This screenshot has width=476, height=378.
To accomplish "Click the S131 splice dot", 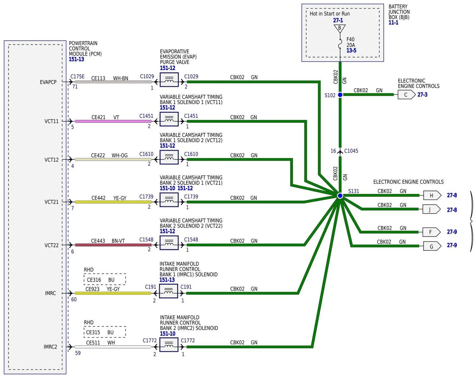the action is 340,195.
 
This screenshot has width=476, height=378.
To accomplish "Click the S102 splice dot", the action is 340,95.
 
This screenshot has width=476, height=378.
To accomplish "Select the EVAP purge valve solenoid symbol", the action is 169,80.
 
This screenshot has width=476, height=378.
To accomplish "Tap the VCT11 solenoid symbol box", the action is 169,119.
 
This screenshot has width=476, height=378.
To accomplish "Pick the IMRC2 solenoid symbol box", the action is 169,345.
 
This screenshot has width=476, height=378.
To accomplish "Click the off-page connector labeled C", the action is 406,95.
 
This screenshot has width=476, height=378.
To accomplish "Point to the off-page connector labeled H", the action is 432,195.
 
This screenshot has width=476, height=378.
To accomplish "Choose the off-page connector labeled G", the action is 432,246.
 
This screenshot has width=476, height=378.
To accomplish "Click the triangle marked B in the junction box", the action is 339,28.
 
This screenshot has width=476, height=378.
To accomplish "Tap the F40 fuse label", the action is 350,39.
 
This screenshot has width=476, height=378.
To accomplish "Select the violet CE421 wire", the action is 113,121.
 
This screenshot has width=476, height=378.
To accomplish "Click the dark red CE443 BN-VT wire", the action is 113,245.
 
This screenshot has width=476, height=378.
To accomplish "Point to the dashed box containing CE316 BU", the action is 105,279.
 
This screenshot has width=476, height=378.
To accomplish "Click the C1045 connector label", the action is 351,151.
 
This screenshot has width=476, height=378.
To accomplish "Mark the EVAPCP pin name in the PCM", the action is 48,82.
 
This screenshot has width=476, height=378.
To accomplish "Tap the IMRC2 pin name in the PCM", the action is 50,347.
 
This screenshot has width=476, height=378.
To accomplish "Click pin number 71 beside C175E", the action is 75,87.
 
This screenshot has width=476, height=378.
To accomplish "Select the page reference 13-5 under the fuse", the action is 351,51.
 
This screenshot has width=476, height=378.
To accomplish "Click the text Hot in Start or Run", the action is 330,14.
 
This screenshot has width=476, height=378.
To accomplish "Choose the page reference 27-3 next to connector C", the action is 422,95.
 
